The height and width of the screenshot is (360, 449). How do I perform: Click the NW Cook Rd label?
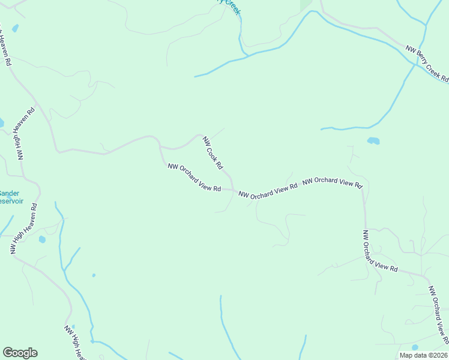click(213, 152)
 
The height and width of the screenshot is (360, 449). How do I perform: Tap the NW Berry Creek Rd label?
click(427, 64)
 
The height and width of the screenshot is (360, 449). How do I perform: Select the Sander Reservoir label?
click(11, 197)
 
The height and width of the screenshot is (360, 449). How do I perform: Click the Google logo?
click(20, 353)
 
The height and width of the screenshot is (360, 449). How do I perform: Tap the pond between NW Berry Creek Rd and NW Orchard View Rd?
click(373, 141)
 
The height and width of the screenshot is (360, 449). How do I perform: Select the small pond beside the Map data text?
click(414, 347)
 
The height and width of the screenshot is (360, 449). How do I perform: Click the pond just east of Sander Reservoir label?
click(42, 239)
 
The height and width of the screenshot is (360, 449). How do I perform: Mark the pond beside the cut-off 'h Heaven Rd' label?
click(14, 28)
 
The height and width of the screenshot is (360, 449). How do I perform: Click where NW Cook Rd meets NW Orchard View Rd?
click(233, 190)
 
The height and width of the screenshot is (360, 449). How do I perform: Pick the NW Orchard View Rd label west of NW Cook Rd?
click(194, 178)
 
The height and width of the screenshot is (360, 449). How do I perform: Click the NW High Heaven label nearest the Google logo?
click(76, 342)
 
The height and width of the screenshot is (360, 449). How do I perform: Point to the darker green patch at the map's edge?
click(307, 4)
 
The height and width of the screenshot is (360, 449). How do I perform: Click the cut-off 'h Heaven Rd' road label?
click(5, 44)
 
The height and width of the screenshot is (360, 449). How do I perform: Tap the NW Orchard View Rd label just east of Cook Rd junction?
click(268, 191)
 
